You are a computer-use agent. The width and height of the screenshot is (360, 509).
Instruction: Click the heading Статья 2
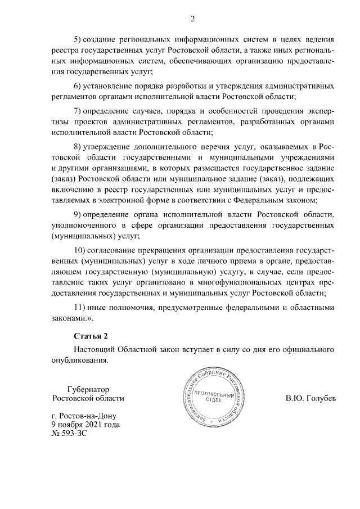click(91, 336)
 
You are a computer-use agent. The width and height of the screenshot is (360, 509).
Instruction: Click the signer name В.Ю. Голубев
click(310, 399)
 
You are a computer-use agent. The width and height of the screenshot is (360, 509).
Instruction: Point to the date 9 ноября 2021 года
click(85, 425)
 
